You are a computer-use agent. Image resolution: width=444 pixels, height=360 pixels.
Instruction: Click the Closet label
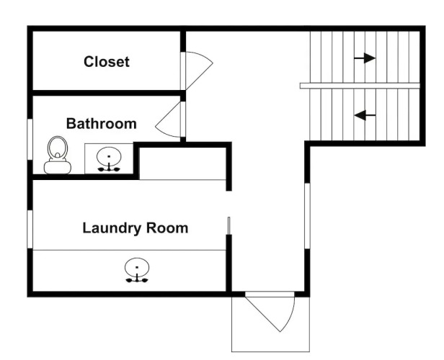[x=107, y=62]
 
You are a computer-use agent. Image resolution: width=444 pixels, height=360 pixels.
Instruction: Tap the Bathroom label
[x=101, y=124]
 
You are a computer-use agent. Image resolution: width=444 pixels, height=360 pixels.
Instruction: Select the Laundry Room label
[x=135, y=229]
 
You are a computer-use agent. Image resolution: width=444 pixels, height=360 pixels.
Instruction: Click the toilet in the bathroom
[x=57, y=154]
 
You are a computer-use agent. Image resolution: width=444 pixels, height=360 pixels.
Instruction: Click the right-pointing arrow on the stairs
[x=365, y=58]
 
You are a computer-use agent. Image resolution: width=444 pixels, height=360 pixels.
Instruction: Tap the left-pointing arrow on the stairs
[x=365, y=114]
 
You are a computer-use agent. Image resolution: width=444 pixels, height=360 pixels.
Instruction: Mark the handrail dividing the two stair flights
[x=360, y=86]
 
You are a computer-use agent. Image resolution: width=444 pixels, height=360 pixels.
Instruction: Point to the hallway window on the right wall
[x=307, y=215]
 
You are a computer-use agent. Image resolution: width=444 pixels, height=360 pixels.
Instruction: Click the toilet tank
[x=57, y=167]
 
